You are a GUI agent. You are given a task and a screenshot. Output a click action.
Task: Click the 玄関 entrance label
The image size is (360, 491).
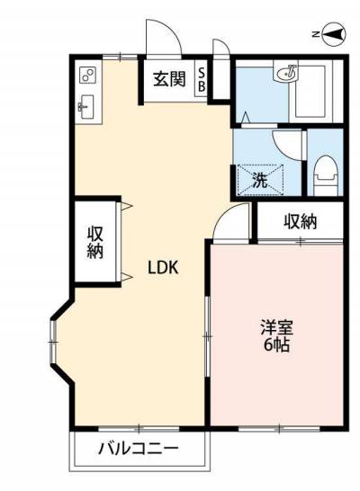pyautogui.click(x=169, y=79)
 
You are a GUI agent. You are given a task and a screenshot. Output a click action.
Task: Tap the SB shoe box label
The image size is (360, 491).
pyautogui.click(x=202, y=79)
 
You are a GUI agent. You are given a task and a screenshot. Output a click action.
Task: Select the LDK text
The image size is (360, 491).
pyautogui.click(x=163, y=268)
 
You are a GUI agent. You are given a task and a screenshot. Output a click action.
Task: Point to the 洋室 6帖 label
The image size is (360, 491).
pyautogui.click(x=276, y=335)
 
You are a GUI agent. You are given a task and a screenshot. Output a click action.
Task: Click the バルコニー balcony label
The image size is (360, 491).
pyautogui.click(x=139, y=450)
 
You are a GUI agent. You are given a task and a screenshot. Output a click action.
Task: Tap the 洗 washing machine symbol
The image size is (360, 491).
pyautogui.click(x=261, y=181)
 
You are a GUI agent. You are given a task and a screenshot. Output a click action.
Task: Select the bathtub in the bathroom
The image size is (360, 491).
pyautogui.click(x=310, y=91)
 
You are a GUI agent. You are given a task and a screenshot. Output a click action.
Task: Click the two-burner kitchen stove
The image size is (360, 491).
pyautogui.click(x=87, y=76)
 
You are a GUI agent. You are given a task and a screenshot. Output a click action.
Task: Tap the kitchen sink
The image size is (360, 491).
pyautogui.click(x=85, y=107)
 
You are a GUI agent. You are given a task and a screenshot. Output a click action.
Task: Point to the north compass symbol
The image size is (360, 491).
pyautogui.click(x=334, y=34)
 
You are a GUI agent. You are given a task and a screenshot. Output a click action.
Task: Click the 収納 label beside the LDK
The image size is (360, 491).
pyautogui.click(x=94, y=243)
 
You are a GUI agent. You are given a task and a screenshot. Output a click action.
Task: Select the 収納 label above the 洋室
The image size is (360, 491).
pyautogui.click(x=301, y=222)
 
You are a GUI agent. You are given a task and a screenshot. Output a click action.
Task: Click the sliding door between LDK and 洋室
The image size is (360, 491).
pyautogui.click(x=207, y=335)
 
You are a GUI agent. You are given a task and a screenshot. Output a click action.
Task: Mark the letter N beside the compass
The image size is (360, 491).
pyautogui.click(x=316, y=34)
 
